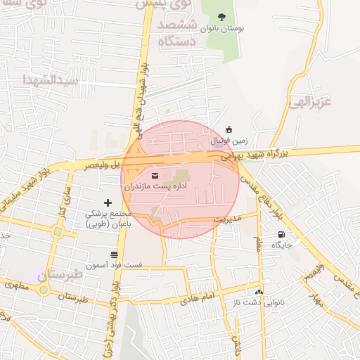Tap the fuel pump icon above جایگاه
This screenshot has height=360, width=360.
(x=282, y=235)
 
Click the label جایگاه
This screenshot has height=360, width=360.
(x=282, y=245)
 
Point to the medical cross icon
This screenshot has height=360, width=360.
(x=108, y=202)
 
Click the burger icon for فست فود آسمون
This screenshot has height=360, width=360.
(x=114, y=255)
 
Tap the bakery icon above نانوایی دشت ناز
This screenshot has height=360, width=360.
(x=259, y=291)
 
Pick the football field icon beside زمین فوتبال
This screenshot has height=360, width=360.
(x=229, y=129)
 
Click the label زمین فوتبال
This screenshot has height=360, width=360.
(x=228, y=141)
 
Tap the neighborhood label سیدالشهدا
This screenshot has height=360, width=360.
(x=49, y=79)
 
